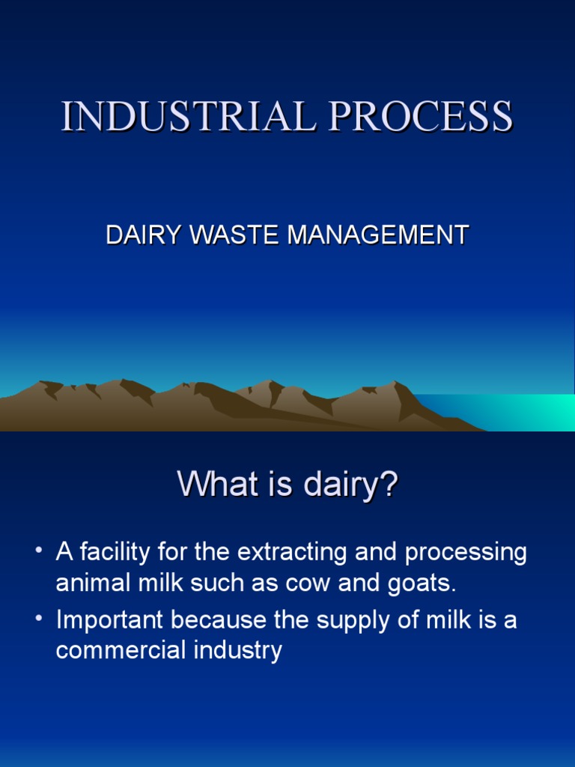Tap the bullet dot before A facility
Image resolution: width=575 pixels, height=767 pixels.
click(38, 553)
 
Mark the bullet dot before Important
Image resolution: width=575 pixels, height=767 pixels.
click(38, 620)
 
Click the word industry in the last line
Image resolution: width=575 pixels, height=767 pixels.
click(237, 650)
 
